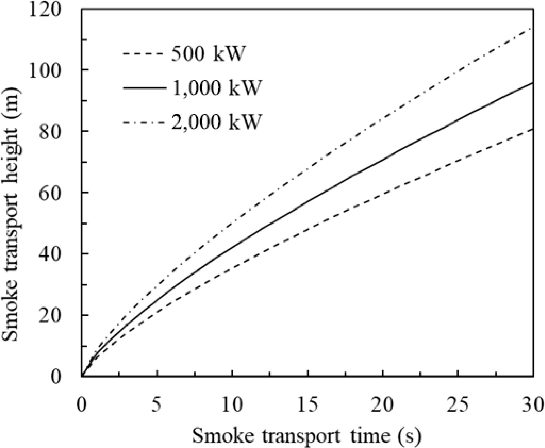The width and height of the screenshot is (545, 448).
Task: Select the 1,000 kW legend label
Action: pyautogui.click(x=216, y=88)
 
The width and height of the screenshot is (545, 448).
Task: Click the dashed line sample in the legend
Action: pyautogui.click(x=143, y=54)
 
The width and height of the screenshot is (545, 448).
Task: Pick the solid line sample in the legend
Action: pyautogui.click(x=143, y=88)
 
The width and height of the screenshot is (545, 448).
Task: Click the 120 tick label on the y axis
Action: pyautogui.click(x=50, y=10)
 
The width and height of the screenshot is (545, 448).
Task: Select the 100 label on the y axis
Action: pyautogui.click(x=50, y=70)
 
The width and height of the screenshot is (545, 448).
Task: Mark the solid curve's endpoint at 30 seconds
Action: pyautogui.click(x=533, y=83)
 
